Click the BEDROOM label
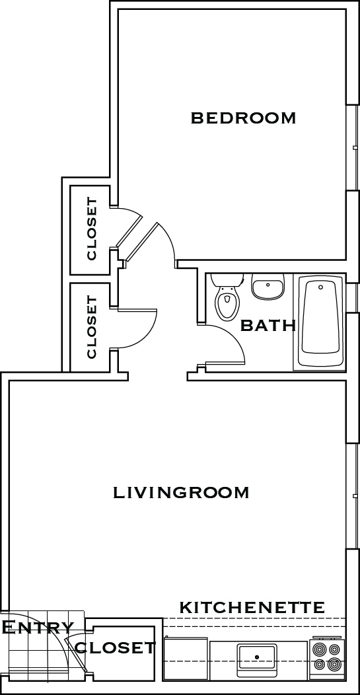click(x=243, y=118)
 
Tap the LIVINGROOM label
click(x=181, y=492)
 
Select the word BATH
click(x=268, y=326)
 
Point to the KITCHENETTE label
click(x=252, y=606)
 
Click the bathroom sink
click(x=268, y=286)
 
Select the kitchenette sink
click(x=257, y=659)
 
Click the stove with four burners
click(x=327, y=658)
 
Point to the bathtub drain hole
click(x=320, y=287)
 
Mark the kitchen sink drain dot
click(x=257, y=657)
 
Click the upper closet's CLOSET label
click(x=92, y=229)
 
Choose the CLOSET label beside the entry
click(x=116, y=648)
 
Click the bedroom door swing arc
click(x=169, y=239)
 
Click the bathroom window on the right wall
click(x=353, y=298)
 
